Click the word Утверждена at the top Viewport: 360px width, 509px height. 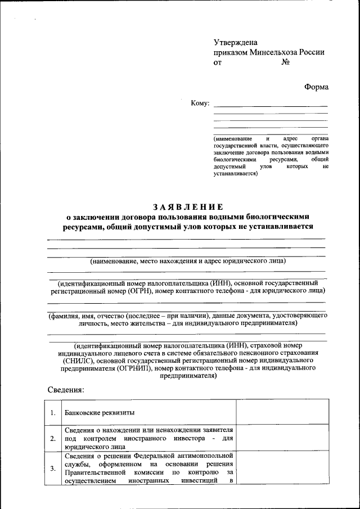click(x=235, y=42)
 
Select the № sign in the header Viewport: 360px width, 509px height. click(x=285, y=62)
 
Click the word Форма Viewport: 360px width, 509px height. click(x=316, y=87)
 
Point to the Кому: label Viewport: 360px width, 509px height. click(x=200, y=103)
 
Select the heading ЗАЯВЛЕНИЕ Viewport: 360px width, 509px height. click(x=187, y=206)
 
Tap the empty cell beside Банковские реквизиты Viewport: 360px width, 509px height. click(x=281, y=413)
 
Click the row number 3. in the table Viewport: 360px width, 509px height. click(x=52, y=468)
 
